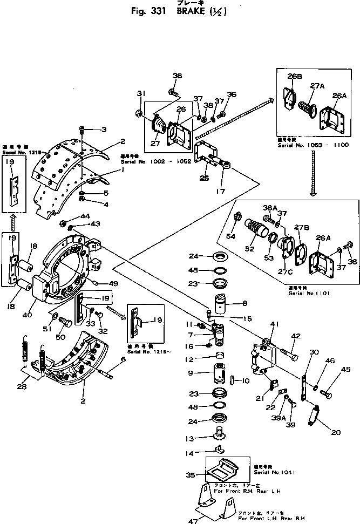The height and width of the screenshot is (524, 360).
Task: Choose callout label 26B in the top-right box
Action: click(x=295, y=77)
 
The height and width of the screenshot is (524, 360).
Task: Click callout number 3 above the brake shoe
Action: click(x=104, y=129)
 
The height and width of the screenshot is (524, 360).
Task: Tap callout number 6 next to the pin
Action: click(x=123, y=359)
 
